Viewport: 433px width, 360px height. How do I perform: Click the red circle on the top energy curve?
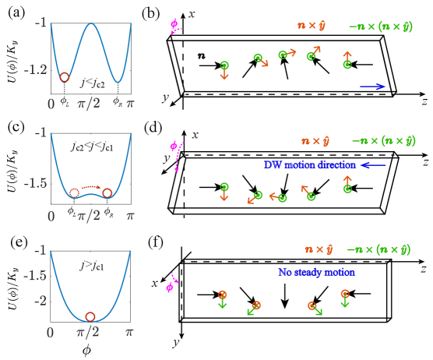pyautogui.click(x=65, y=77)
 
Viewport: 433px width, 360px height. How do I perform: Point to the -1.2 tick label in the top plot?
pyautogui.click(x=34, y=69)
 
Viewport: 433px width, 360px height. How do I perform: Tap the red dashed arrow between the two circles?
pyautogui.click(x=91, y=187)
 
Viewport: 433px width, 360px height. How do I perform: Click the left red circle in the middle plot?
pyautogui.click(x=75, y=192)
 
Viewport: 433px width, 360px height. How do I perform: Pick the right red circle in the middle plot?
pyautogui.click(x=107, y=192)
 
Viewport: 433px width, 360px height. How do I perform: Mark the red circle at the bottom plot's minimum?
pyautogui.click(x=90, y=316)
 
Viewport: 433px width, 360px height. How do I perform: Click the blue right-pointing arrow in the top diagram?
pyautogui.click(x=372, y=86)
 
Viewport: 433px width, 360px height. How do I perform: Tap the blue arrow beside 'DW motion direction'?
pyautogui.click(x=374, y=165)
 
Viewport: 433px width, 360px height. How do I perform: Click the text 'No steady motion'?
pyautogui.click(x=316, y=273)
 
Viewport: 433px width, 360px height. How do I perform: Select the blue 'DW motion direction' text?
pyautogui.click(x=310, y=165)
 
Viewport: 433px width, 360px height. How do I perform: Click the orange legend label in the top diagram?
pyautogui.click(x=311, y=26)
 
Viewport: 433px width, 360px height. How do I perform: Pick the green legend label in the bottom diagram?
pyautogui.click(x=378, y=249)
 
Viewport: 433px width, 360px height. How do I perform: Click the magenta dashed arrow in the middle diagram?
pyautogui.click(x=176, y=155)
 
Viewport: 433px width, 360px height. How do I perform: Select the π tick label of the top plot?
pyautogui.click(x=130, y=103)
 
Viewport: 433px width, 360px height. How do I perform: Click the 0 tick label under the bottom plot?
pyautogui.click(x=51, y=332)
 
